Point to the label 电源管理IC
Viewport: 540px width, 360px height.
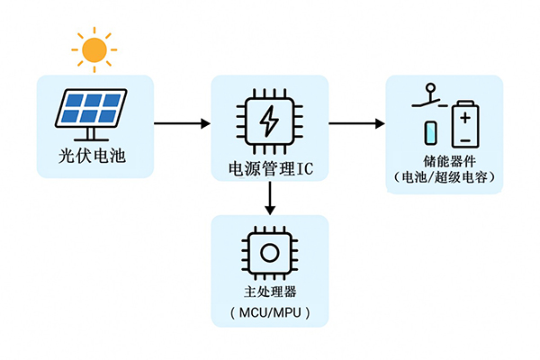click(269, 168)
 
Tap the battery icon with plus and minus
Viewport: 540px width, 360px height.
click(464, 124)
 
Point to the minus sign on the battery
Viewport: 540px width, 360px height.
click(464, 139)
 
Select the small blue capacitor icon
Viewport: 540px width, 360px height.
click(431, 133)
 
